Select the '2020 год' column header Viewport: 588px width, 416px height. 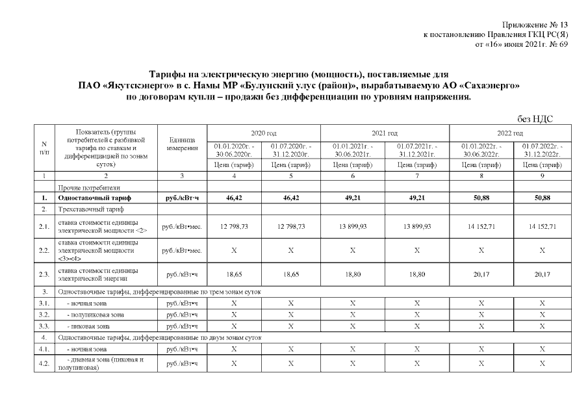click(263, 133)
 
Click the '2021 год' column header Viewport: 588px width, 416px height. click(385, 133)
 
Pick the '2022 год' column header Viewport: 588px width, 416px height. click(509, 133)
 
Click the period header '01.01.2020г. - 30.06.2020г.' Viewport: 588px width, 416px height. click(234, 150)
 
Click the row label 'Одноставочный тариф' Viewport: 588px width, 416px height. click(85, 198)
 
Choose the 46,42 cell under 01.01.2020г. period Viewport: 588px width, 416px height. click(234, 198)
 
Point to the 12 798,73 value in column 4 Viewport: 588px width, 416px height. click(234, 226)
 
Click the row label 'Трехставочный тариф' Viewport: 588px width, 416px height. click(87, 209)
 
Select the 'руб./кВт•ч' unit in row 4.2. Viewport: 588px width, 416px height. click(182, 363)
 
